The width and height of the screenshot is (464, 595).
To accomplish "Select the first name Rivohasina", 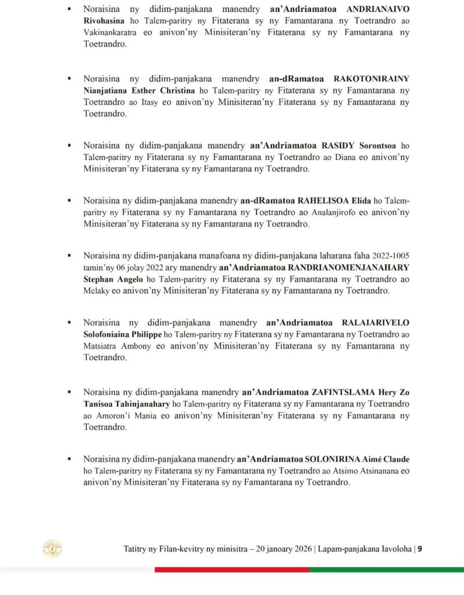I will [x=105, y=21].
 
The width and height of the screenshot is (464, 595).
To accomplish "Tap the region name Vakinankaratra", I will [x=109, y=33].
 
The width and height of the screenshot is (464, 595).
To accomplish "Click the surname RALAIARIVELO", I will [x=376, y=323].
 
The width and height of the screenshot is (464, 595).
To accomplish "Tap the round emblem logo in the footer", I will [x=52, y=549].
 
